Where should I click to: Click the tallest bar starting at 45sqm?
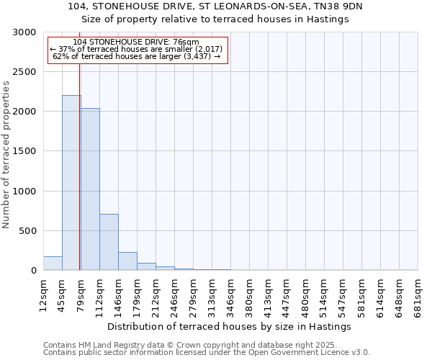click(71, 183)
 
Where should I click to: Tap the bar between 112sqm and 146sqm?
click(109, 242)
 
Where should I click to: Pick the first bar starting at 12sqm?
click(53, 264)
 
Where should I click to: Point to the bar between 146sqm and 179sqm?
click(127, 261)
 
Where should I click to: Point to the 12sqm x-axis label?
click(44, 294)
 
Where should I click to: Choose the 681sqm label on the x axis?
click(418, 294)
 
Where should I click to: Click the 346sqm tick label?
click(231, 294)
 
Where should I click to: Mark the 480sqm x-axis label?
click(306, 294)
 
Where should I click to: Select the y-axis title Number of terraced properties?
click(6, 154)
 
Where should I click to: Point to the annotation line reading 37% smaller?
click(136, 49)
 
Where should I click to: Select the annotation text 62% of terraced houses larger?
click(136, 56)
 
